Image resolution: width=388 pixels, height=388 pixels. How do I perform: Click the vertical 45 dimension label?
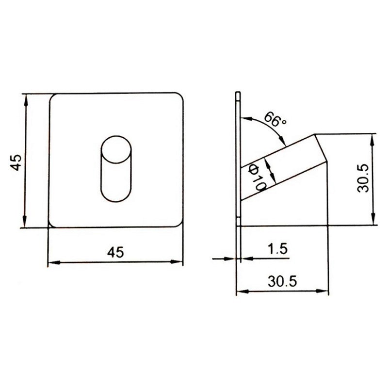pos(16,162)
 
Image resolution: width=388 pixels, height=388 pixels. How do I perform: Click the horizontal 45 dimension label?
pos(115,252)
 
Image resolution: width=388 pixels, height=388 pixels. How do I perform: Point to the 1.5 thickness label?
pos(277,249)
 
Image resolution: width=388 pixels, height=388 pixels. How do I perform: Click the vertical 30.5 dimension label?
pos(363,178)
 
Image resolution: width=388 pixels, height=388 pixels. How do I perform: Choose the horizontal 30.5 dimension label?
pos(282,281)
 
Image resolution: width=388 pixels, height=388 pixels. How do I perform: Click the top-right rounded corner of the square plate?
pos(180,96)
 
